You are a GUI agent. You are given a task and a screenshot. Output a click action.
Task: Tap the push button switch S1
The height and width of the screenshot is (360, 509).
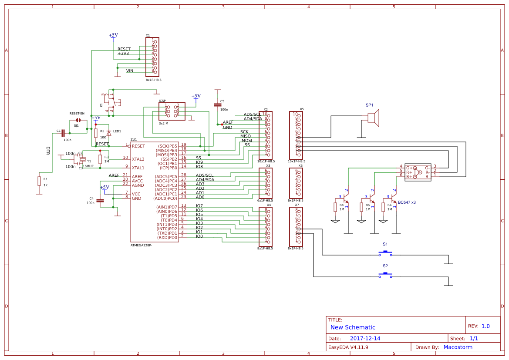pyautogui.click(x=385, y=252)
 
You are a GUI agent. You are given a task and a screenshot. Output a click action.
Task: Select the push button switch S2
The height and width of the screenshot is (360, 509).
pyautogui.click(x=385, y=274)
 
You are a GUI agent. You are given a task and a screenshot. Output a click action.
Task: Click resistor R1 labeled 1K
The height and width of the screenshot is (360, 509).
pyautogui.click(x=39, y=181)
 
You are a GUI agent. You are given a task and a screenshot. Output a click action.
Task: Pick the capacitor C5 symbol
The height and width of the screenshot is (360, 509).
pyautogui.click(x=217, y=105)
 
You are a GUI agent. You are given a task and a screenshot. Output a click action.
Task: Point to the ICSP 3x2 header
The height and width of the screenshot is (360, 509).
pyautogui.click(x=172, y=111)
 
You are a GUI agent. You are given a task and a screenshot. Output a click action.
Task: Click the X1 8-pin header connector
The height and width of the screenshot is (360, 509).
pyautogui.click(x=152, y=57)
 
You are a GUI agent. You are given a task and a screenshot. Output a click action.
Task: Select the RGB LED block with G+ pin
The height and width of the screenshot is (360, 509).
pyautogui.click(x=418, y=172)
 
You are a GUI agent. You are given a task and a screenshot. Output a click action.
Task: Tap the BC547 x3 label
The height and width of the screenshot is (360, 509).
pyautogui.click(x=407, y=202)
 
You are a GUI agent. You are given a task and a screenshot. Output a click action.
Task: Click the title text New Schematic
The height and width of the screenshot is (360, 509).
pyautogui.click(x=353, y=327)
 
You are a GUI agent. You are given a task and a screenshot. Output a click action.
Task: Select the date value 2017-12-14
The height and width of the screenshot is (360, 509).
pyautogui.click(x=365, y=339)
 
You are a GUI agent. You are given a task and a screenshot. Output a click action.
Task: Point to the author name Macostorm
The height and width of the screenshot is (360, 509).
pyautogui.click(x=458, y=347)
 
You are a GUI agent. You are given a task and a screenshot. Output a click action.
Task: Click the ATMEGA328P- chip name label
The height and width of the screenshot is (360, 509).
pyautogui.click(x=142, y=246)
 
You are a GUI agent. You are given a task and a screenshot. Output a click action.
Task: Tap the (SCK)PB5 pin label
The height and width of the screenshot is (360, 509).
pyautogui.click(x=167, y=146)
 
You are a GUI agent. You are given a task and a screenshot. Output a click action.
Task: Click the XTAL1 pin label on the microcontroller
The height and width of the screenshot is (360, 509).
pyautogui.click(x=138, y=168)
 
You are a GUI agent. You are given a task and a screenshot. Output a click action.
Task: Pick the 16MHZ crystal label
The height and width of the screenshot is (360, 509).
pyautogui.click(x=88, y=166)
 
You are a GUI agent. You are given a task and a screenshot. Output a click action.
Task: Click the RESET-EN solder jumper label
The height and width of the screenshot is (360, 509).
pyautogui.click(x=77, y=114)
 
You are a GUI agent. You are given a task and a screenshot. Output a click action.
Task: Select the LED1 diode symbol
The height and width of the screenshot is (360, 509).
pyautogui.click(x=109, y=133)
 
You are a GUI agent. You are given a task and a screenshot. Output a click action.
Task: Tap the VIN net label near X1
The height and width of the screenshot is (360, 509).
pyautogui.click(x=130, y=71)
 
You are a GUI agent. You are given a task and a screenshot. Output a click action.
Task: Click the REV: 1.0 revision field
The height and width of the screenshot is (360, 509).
pyautogui.click(x=479, y=326)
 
